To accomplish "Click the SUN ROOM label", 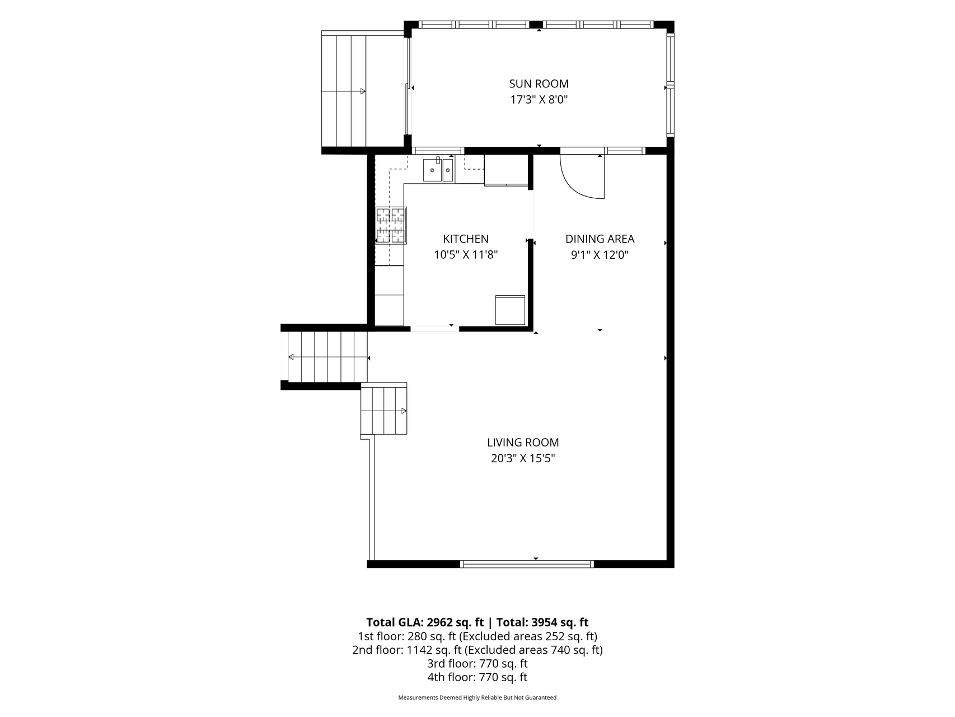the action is tap(539, 84).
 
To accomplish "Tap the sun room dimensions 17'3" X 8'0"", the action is tap(539, 100).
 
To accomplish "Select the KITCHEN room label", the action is tap(466, 239).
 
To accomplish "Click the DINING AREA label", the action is tap(600, 239).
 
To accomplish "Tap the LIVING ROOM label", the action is tap(523, 443).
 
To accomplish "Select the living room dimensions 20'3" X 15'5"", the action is tap(523, 459).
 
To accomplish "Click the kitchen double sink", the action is tap(438, 170).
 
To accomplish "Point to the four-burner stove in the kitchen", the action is tap(391, 225).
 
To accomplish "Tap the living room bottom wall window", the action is tap(526, 564).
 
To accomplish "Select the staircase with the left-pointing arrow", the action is tap(328, 357).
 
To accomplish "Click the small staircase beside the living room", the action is tap(384, 409).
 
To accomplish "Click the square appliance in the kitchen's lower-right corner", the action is tap(510, 310).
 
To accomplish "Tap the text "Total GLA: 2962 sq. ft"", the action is tap(425, 622).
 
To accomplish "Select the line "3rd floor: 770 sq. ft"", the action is tap(477, 664).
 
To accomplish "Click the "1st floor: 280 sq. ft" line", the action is tap(407, 637).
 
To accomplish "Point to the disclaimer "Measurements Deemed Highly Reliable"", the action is tap(447, 698).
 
